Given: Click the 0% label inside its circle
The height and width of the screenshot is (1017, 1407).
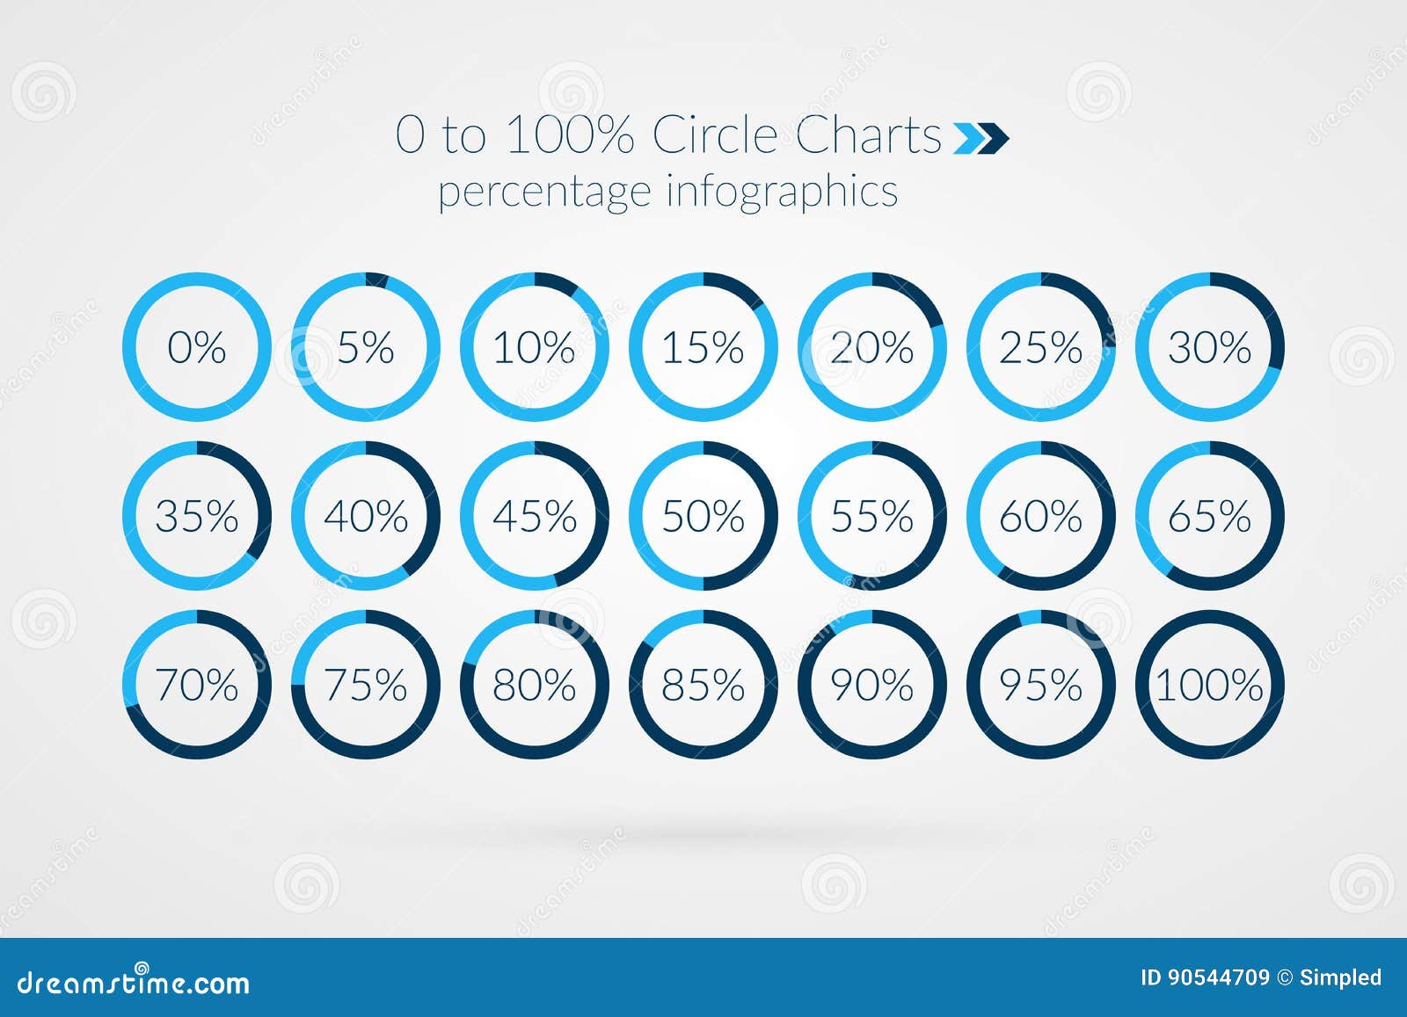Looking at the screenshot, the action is click(197, 347).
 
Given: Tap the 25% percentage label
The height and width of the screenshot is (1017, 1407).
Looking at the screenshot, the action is click(1041, 347).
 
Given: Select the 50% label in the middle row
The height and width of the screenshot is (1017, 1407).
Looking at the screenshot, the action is click(703, 516).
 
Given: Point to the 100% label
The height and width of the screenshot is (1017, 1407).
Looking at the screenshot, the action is click(1210, 685).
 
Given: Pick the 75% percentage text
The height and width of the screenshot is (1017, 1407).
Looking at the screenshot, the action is click(366, 685).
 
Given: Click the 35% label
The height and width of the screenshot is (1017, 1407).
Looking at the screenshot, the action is click(197, 516).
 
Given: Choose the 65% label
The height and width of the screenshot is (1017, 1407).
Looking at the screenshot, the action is click(1210, 516).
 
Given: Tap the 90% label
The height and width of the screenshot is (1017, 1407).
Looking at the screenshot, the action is click(872, 685).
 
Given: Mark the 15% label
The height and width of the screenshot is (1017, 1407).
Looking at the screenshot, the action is click(703, 347).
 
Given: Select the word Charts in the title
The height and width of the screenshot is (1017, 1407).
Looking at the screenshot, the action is click(869, 134).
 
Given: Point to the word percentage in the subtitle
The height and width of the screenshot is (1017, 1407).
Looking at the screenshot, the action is click(544, 193).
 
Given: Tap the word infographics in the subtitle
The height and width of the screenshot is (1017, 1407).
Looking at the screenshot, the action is click(783, 192).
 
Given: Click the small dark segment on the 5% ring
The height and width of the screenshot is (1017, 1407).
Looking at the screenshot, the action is click(377, 280).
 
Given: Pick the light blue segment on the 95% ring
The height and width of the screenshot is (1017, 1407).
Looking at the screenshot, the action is click(1030, 618).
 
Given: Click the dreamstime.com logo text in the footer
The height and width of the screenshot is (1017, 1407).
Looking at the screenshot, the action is click(133, 982).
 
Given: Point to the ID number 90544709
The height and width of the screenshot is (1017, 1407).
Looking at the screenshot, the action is click(1219, 977).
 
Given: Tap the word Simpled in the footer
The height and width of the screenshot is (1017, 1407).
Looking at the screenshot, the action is click(1341, 978).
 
